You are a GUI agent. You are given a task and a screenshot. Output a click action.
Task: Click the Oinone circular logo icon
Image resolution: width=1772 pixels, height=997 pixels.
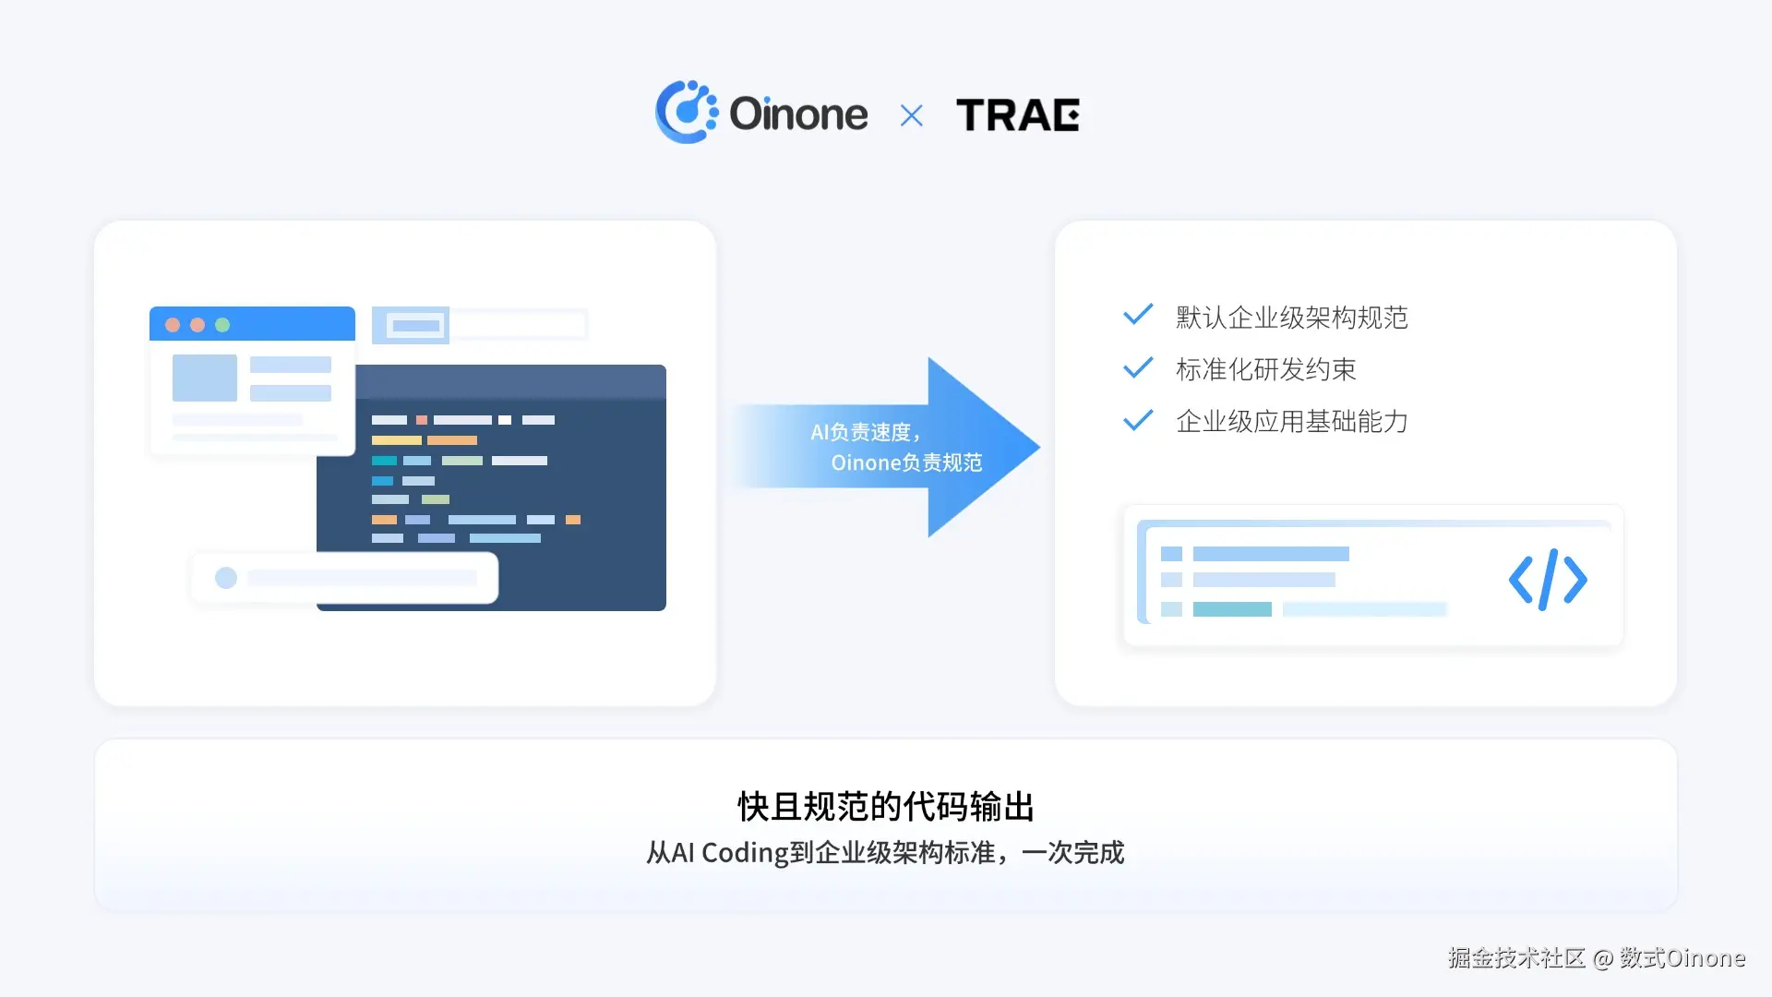(686, 113)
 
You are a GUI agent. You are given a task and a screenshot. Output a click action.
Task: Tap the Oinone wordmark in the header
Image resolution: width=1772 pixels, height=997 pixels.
(798, 114)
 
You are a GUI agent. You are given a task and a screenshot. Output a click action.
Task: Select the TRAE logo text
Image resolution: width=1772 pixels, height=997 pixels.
(1017, 115)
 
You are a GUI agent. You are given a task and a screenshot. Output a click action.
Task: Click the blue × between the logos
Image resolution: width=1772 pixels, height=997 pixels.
(911, 116)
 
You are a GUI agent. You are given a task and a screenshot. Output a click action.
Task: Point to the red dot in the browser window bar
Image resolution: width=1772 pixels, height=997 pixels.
(173, 325)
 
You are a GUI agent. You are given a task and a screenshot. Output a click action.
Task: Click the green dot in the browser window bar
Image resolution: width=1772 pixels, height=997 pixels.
(222, 325)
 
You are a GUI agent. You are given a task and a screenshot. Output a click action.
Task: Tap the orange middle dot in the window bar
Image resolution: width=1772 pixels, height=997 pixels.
(198, 325)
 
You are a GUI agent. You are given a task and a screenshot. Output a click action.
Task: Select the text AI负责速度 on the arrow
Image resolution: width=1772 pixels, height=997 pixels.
(864, 432)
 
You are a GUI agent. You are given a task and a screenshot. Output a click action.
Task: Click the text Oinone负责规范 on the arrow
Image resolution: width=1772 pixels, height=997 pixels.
(906, 462)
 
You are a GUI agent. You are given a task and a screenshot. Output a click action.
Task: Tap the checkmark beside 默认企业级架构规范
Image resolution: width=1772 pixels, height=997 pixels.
(1138, 315)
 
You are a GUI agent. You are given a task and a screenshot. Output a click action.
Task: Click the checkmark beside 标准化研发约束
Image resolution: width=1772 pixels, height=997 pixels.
(1138, 367)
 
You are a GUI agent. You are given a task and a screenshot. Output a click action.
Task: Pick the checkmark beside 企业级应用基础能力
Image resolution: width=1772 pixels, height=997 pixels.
(1138, 420)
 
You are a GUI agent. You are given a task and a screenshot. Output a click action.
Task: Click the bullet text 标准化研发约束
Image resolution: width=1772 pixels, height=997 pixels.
(1265, 369)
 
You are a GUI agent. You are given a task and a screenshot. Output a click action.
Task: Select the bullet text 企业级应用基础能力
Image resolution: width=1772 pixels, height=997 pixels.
(1291, 422)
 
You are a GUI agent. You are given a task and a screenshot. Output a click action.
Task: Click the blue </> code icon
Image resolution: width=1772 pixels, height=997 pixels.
(1548, 580)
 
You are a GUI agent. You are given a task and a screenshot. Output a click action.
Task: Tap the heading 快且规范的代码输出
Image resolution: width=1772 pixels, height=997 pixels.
(886, 806)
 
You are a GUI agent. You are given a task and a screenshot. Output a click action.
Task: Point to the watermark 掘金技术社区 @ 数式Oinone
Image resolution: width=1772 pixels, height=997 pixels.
(1597, 958)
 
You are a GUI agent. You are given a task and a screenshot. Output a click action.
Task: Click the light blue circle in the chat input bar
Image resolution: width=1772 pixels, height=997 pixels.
(226, 578)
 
